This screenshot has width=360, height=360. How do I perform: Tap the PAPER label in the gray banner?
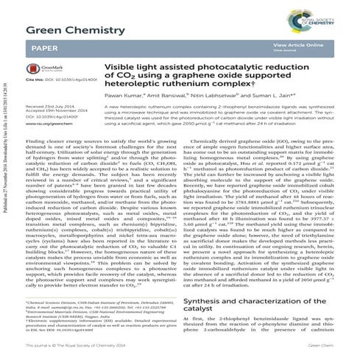pos(43,46)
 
